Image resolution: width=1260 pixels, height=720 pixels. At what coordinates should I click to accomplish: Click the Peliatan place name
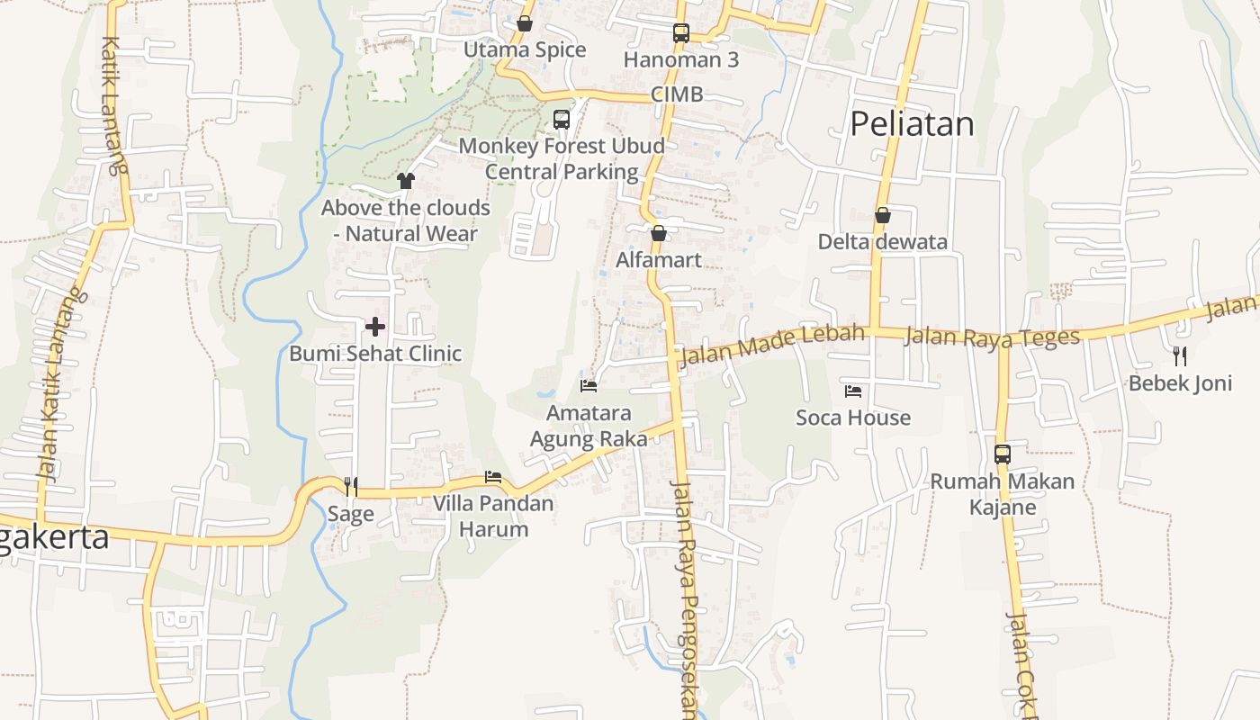click(912, 124)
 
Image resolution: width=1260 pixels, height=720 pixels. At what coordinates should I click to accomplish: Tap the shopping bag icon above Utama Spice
click(525, 23)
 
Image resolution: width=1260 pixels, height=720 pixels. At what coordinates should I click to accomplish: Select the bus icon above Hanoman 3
click(681, 33)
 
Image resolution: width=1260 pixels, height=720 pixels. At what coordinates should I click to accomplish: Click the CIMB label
click(677, 94)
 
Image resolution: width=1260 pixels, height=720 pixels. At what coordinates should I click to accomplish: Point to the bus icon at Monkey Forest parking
click(562, 119)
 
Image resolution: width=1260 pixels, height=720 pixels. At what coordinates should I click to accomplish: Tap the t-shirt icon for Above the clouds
click(405, 181)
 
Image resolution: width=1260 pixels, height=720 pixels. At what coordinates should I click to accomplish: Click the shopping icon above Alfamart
click(659, 233)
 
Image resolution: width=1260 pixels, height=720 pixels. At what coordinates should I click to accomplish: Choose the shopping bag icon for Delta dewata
click(883, 215)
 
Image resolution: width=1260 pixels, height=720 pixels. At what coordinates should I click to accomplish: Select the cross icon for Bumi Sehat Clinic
click(375, 326)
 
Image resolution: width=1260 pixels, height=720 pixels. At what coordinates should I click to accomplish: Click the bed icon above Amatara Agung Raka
click(589, 386)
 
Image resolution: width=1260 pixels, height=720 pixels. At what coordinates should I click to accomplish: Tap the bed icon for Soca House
click(853, 391)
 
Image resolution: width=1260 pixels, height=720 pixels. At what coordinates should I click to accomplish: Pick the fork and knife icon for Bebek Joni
click(1180, 355)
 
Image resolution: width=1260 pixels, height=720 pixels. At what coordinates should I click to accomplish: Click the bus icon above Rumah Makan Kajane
click(1003, 454)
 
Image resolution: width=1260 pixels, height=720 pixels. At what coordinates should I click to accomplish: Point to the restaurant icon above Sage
click(351, 487)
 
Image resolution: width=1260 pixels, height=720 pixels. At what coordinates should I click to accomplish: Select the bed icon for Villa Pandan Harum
click(493, 476)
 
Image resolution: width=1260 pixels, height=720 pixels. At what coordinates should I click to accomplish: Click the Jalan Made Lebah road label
click(772, 346)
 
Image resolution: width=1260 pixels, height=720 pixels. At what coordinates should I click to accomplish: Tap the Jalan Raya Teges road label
click(991, 337)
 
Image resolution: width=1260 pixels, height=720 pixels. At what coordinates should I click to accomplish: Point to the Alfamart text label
click(659, 260)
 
